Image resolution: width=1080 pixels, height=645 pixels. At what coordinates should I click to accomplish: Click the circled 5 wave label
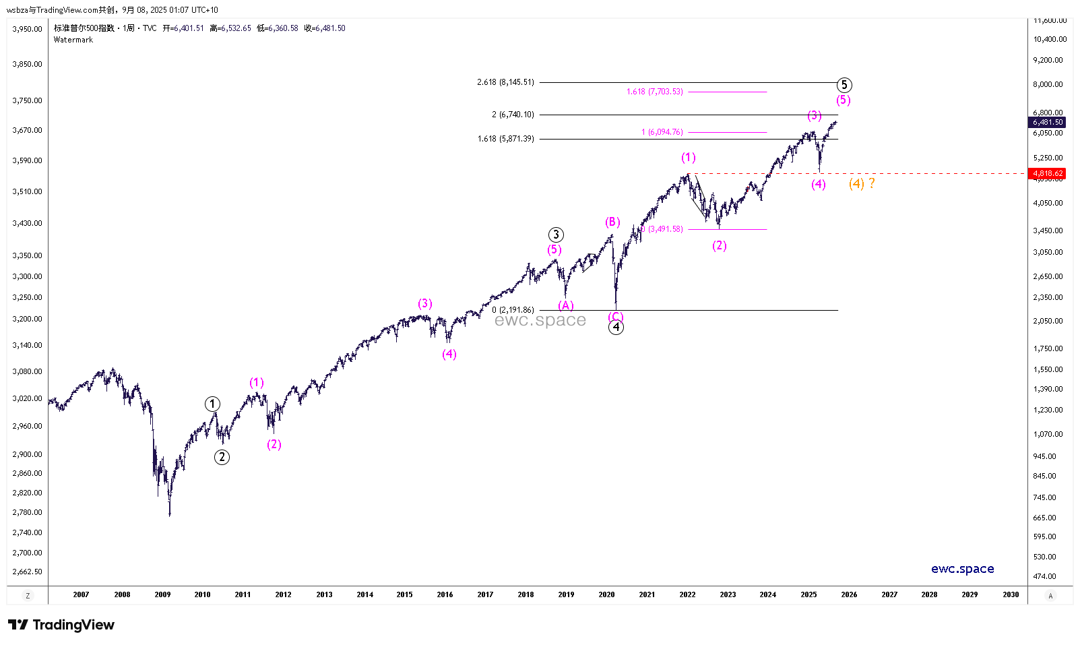[844, 85]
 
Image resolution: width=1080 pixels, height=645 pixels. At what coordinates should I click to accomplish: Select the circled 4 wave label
[616, 328]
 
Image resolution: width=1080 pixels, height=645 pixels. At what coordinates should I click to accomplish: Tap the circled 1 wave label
[212, 404]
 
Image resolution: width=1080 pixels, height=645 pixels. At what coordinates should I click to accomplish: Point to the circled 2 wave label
[222, 457]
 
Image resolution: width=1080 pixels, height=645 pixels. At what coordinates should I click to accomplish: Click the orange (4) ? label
[862, 183]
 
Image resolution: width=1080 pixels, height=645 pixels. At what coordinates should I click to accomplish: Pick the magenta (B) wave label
[612, 222]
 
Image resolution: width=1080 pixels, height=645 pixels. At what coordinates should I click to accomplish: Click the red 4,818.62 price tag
[1048, 173]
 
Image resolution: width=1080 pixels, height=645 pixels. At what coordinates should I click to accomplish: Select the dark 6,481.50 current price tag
[1048, 122]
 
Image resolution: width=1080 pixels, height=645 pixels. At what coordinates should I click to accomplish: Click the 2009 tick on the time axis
[162, 594]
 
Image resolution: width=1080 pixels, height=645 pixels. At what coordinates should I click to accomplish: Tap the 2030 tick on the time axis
[1010, 594]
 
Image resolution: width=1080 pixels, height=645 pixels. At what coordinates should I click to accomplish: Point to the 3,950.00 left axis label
[28, 29]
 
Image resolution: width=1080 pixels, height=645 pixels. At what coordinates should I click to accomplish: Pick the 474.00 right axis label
[1045, 576]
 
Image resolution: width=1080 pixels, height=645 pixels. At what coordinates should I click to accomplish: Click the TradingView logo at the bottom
[61, 625]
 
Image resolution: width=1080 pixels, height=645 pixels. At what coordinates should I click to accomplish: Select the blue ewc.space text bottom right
[962, 569]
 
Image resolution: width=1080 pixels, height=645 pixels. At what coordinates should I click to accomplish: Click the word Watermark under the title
[73, 40]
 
